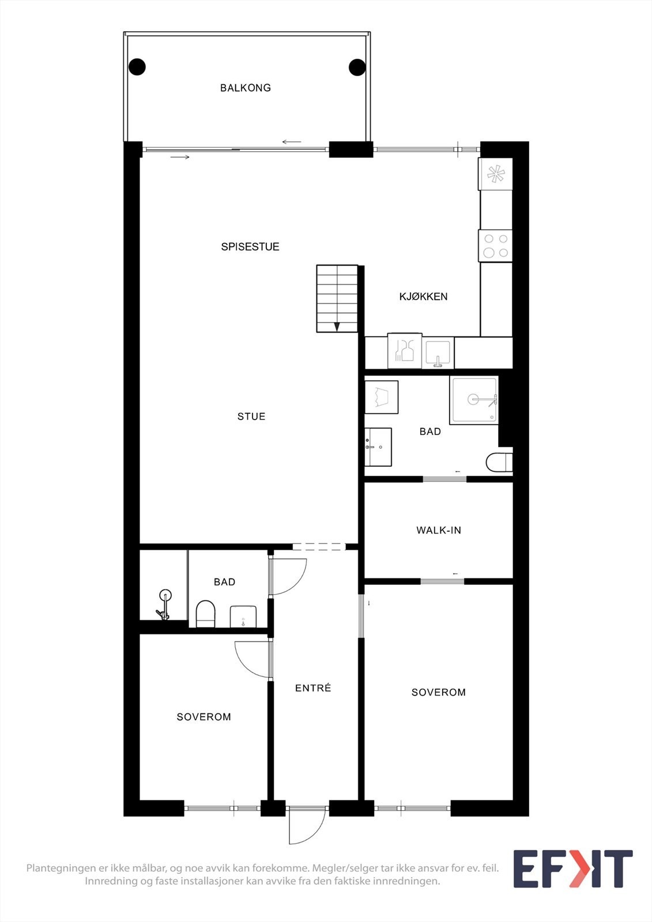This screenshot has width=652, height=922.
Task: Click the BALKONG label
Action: point(246,88)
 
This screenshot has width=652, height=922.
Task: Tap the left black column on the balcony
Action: point(137,67)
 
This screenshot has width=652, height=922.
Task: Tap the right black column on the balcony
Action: point(357,67)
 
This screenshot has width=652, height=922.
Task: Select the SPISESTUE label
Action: point(250,247)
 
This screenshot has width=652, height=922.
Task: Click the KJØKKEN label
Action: point(423,296)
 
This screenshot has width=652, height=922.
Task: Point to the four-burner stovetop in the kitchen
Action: point(495,245)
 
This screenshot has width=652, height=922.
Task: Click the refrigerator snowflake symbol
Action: point(495,173)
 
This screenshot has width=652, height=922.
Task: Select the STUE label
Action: point(251,416)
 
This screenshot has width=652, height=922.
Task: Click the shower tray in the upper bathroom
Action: point(474,400)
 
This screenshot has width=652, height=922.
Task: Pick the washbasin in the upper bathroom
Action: point(378,447)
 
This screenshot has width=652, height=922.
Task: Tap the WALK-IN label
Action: point(439,530)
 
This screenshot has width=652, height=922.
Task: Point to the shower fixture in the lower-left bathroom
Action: point(164,604)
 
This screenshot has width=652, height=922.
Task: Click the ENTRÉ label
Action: point(313,688)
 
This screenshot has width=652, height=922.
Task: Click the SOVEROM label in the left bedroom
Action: point(204,717)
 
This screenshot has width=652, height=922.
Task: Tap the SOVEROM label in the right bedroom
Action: point(439,692)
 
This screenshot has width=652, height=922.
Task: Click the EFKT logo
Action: point(573,868)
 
